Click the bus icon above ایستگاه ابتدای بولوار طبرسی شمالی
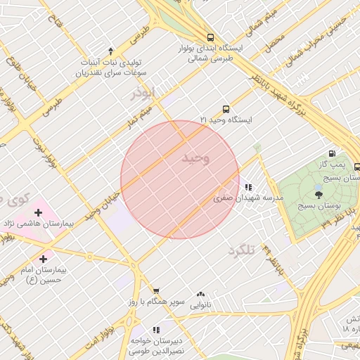pyautogui.click(x=210, y=37)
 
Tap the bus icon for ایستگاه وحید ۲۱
pyautogui.click(x=226, y=109)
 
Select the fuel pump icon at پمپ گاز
pyautogui.click(x=332, y=153)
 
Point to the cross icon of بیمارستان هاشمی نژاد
pyautogui.click(x=38, y=212)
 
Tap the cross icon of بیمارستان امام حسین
pyautogui.click(x=44, y=259)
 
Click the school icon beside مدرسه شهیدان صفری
pyautogui.click(x=248, y=188)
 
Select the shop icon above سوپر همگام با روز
pyautogui.click(x=156, y=290)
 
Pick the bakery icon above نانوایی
pyautogui.click(x=201, y=295)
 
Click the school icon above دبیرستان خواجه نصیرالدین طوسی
pyautogui.click(x=156, y=329)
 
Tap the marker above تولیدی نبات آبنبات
pyautogui.click(x=110, y=51)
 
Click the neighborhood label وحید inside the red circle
pyautogui.click(x=195, y=158)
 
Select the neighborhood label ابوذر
pyautogui.click(x=141, y=94)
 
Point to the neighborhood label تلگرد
pyautogui.click(x=239, y=250)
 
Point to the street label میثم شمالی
pyautogui.click(x=261, y=21)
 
